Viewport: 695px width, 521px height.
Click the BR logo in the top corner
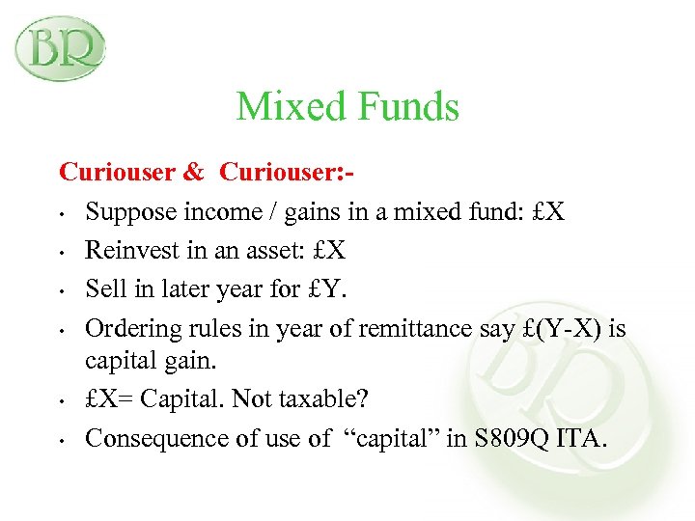pyautogui.click(x=60, y=48)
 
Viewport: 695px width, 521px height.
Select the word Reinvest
pyautogui.click(x=126, y=251)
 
